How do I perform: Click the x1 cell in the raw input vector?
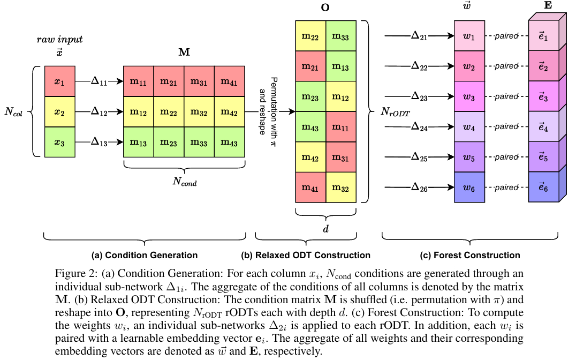[60, 81]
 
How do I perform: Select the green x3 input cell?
[60, 142]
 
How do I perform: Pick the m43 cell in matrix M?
[229, 142]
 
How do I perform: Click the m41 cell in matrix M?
[229, 81]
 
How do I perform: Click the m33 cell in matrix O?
[342, 36]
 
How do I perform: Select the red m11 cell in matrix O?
[342, 127]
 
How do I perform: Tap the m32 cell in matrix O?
[342, 187]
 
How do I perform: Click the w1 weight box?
[469, 36]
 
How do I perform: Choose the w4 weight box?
[469, 127]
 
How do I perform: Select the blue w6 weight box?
[469, 187]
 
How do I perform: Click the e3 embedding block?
[544, 96]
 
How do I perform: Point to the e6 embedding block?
[544, 187]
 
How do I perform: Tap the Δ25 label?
[419, 157]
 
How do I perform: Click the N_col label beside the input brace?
[17, 112]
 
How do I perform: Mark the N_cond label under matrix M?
[184, 182]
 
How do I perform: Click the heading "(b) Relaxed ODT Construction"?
[313, 255]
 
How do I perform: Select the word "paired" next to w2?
[506, 66]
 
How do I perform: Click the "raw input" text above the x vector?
[59, 40]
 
